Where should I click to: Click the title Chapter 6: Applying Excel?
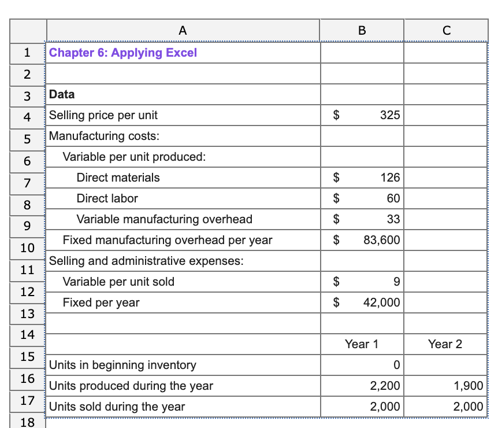coord(123,53)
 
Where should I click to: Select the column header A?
coord(183,31)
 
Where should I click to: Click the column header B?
coord(362,31)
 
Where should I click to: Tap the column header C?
coord(445,31)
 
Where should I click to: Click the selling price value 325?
coord(390,115)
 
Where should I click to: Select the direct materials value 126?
coord(390,178)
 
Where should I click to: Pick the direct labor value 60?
coord(393,198)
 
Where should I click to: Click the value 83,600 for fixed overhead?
coord(381,239)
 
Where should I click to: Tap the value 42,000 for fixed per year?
coord(381,302)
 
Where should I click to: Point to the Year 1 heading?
coord(362,344)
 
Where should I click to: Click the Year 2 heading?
coord(445,344)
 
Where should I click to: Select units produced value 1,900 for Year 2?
coord(469,386)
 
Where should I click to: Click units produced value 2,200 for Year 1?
coord(385,386)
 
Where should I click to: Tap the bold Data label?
coord(62,94)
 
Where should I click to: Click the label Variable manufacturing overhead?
coord(165,219)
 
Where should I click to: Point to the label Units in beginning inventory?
coord(122,365)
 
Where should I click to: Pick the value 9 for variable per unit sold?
coord(396,282)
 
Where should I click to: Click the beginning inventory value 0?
coord(396,365)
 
